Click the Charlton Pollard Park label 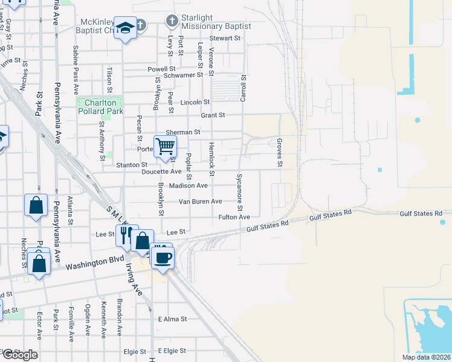100,107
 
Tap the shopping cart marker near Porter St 165,146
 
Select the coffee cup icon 162,258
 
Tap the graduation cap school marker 126,28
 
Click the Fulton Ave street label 234,217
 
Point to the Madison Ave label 188,186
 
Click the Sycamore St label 239,191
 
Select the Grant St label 213,115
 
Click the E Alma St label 173,319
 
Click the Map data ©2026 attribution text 425,357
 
